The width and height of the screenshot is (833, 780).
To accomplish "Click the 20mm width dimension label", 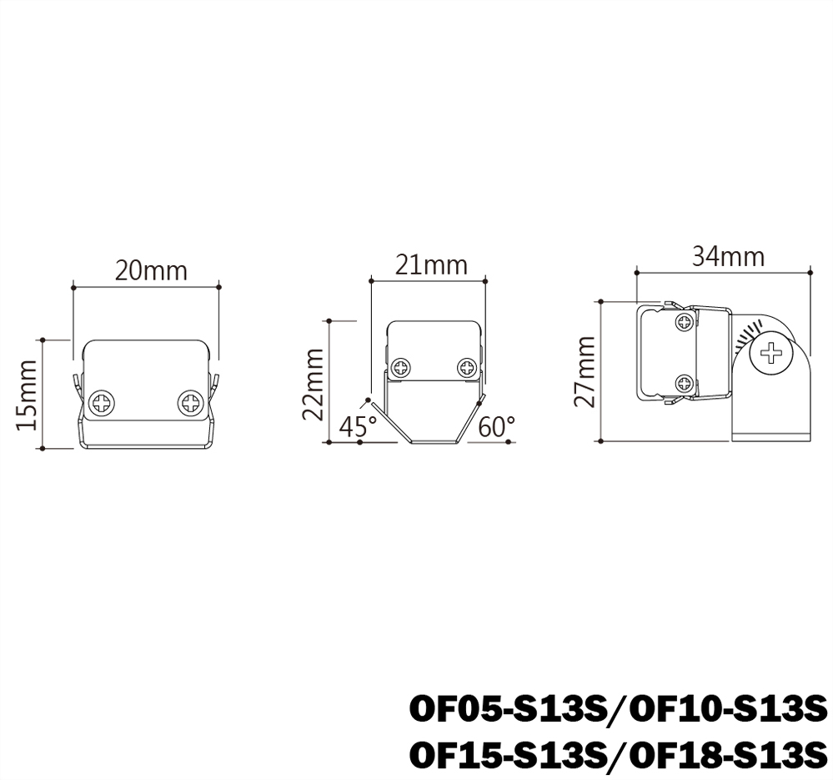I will point(151,271).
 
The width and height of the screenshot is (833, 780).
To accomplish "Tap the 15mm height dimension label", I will point(28,395).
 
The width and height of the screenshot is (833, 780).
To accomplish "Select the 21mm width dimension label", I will point(431,265).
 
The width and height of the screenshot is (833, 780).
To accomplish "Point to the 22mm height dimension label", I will point(314,385).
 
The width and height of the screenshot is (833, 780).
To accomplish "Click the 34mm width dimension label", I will point(727,256).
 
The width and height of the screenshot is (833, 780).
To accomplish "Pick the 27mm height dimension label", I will point(586,371).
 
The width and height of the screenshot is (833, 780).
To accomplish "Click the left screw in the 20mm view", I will point(104,403).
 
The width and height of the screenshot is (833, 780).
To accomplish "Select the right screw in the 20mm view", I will point(190,403).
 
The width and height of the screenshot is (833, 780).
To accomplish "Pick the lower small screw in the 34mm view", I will point(684,384).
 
